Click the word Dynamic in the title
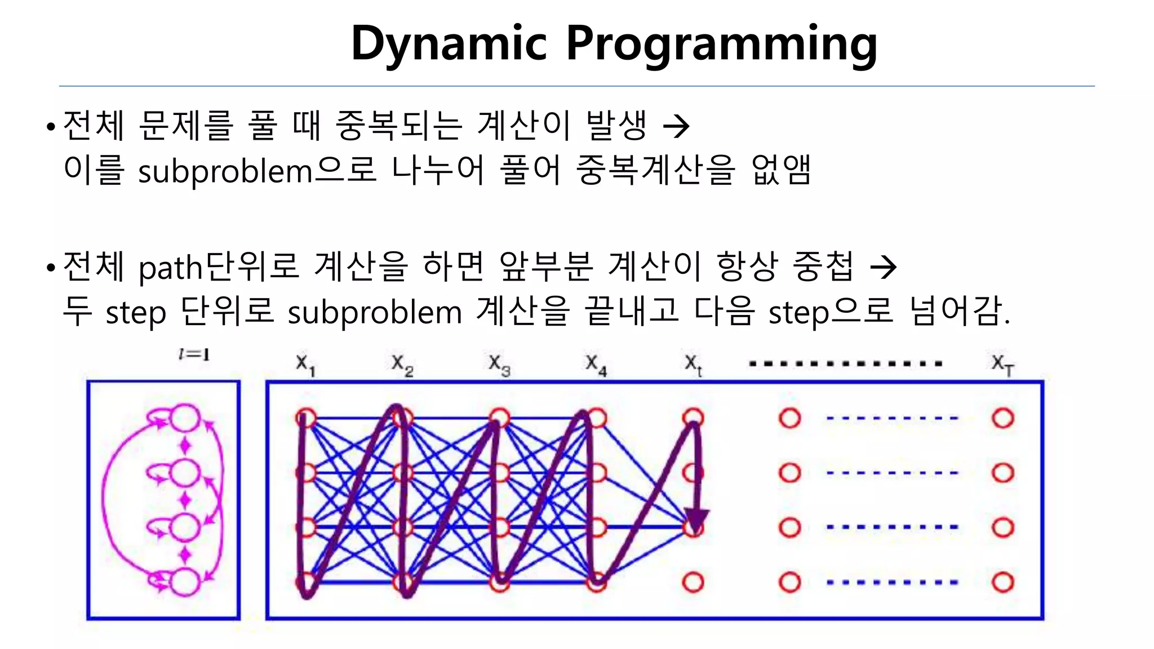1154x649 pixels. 449,44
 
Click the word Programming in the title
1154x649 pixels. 721,44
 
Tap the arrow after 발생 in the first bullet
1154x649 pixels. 676,126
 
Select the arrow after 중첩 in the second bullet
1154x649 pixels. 883,267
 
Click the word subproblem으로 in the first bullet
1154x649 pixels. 257,171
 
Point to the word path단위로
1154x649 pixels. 219,267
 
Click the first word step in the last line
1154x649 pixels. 136,313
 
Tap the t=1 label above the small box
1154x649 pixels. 193,355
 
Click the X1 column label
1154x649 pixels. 305,364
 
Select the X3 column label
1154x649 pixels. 499,364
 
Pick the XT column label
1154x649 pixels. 1002,364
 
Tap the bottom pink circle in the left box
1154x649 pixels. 185,582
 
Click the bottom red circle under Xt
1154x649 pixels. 693,582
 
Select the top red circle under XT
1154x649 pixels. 1003,419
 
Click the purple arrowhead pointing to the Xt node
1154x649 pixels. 697,519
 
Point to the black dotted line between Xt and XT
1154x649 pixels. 845,364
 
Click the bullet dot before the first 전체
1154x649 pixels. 51,127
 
